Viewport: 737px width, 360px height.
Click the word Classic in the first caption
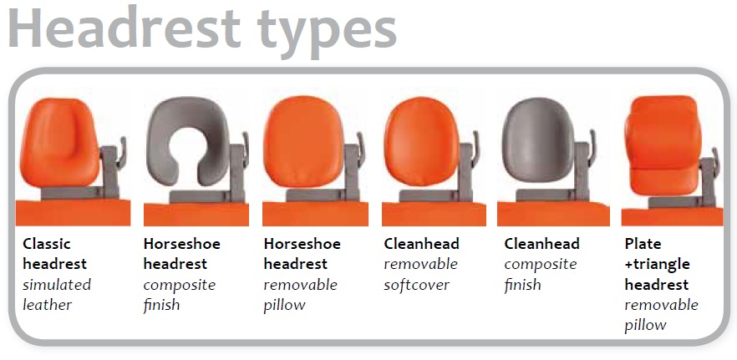[x=47, y=244]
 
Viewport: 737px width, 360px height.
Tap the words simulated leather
[x=57, y=295]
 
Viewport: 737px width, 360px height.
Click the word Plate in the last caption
[x=643, y=244]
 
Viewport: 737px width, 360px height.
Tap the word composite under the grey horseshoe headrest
[x=179, y=285]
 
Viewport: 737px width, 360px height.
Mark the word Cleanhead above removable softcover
[x=422, y=244]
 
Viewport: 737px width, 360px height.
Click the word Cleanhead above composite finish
[x=542, y=244]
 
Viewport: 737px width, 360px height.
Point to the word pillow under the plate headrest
[x=645, y=325]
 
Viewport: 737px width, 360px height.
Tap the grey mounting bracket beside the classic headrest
[x=110, y=166]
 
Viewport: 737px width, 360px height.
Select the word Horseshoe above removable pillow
[x=303, y=244]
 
